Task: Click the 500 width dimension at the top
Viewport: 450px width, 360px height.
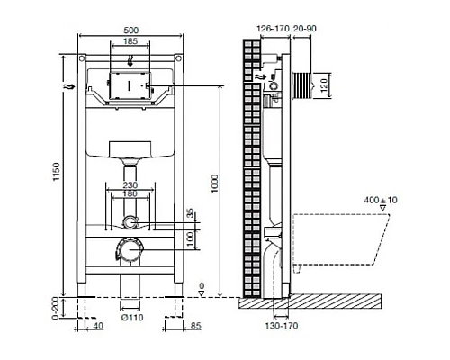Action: click(x=130, y=30)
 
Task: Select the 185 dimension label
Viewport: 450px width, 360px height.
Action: click(x=130, y=42)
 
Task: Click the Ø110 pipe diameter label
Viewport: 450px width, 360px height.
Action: click(x=132, y=319)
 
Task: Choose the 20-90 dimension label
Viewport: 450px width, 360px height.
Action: click(x=305, y=30)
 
